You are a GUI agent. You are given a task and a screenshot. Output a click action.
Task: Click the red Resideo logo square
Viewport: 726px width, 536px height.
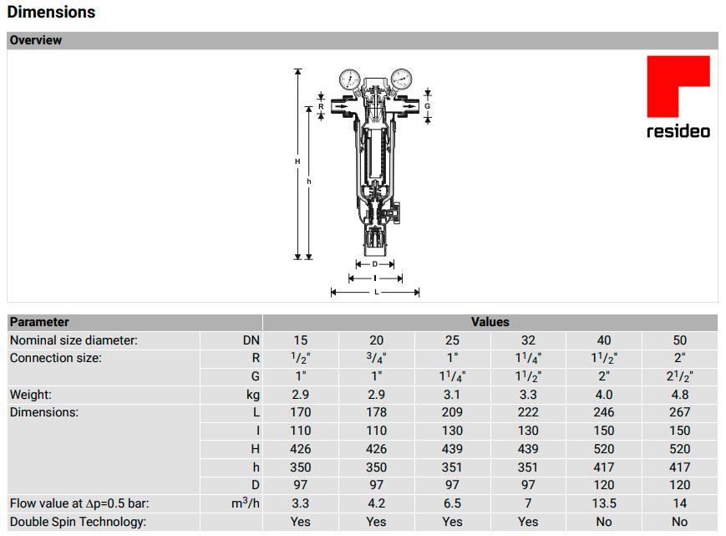click(678, 86)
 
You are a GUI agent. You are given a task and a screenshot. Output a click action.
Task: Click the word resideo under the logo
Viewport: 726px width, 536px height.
click(678, 131)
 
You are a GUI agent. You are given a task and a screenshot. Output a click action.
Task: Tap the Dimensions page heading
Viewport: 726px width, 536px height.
click(52, 12)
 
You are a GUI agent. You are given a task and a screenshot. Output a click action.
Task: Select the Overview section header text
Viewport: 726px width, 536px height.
click(36, 40)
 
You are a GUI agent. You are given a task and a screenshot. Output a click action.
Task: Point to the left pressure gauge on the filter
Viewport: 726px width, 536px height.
click(349, 79)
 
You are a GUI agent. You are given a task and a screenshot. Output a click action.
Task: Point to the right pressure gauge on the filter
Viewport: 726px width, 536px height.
click(401, 79)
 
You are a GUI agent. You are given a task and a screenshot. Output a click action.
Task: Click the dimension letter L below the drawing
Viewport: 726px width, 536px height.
click(377, 293)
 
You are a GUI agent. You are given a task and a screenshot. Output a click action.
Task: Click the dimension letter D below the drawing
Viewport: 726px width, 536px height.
click(374, 264)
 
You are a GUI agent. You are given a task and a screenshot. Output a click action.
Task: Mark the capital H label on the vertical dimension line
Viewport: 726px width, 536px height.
click(297, 161)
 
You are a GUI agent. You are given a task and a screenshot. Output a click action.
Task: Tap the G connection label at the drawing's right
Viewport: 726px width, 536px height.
click(428, 106)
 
